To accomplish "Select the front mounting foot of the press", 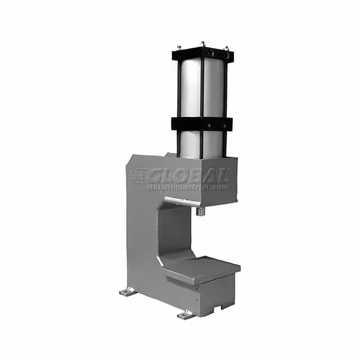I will coord(185,314).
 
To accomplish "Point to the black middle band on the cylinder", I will coord(202,124).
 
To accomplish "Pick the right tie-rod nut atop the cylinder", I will coord(226,49).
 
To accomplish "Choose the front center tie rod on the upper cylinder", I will coord(202,90).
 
